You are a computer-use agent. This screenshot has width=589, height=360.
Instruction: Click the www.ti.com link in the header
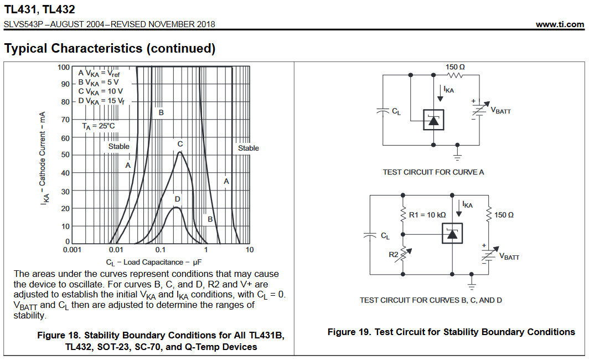pyautogui.click(x=560, y=24)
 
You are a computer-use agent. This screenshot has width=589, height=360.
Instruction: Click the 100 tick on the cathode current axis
pyautogui.click(x=64, y=67)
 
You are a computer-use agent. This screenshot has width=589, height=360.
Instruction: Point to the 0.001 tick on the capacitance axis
pyautogui.click(x=72, y=250)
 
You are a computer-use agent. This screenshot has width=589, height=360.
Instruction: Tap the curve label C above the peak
pyautogui.click(x=180, y=144)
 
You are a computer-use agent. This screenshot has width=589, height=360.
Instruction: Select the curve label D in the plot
pyautogui.click(x=177, y=199)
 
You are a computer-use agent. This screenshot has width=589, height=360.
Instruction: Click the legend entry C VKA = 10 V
pyautogui.click(x=100, y=91)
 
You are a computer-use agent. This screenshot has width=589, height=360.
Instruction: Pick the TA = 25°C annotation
pyautogui.click(x=99, y=126)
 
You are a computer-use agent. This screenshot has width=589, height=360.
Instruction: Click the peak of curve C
pyautogui.click(x=180, y=152)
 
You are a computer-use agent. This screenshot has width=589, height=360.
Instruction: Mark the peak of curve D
pyautogui.click(x=176, y=208)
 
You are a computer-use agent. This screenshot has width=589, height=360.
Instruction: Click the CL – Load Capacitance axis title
pyautogui.click(x=154, y=263)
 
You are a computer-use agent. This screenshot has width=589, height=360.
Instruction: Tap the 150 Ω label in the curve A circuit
pyautogui.click(x=455, y=67)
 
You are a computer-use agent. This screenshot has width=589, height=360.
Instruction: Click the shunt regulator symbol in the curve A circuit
pyautogui.click(x=433, y=120)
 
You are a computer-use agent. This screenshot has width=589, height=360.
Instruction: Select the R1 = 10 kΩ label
pyautogui.click(x=427, y=215)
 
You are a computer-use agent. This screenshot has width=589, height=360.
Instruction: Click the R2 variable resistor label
pyautogui.click(x=393, y=254)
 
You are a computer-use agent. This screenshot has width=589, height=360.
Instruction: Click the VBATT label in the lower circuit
pyautogui.click(x=509, y=256)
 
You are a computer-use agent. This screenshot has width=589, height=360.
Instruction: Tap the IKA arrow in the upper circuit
pyautogui.click(x=440, y=93)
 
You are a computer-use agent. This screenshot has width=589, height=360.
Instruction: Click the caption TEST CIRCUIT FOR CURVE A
pyautogui.click(x=433, y=172)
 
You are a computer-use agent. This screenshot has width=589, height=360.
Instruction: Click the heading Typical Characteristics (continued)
pyautogui.click(x=110, y=49)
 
